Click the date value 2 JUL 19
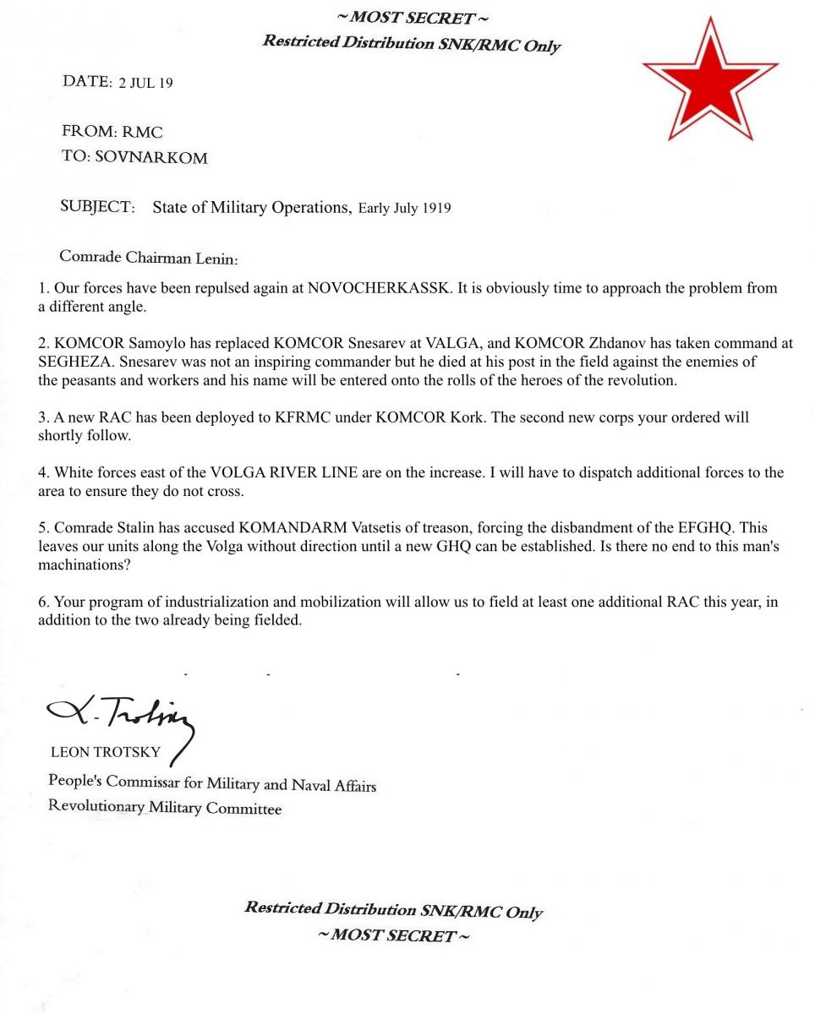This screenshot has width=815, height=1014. (x=145, y=83)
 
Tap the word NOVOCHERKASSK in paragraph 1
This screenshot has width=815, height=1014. (x=379, y=288)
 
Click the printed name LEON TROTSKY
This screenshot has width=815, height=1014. (x=105, y=753)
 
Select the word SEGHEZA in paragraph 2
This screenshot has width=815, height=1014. (x=71, y=362)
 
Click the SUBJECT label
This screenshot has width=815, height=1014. (x=97, y=207)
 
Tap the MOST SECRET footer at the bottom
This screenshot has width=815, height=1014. (x=394, y=935)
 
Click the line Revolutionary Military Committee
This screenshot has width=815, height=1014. (x=165, y=808)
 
